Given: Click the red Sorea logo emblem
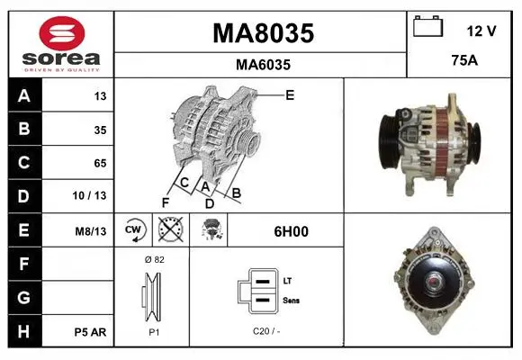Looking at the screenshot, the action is pos(62,33).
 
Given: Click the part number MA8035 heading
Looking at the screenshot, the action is pos(263,33).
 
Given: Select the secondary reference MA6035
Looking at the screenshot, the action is pos(263,65).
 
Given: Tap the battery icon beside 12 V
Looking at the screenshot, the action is pos(427,26).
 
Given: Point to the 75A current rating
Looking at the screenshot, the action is pos(464,60).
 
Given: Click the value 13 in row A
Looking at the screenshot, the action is pos(100,96).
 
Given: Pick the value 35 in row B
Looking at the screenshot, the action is pos(100,130).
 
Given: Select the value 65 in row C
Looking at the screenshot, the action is pos(100,163).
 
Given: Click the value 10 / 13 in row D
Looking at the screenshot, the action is pos(89,195).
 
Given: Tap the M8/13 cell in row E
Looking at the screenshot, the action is pos(91,231).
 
